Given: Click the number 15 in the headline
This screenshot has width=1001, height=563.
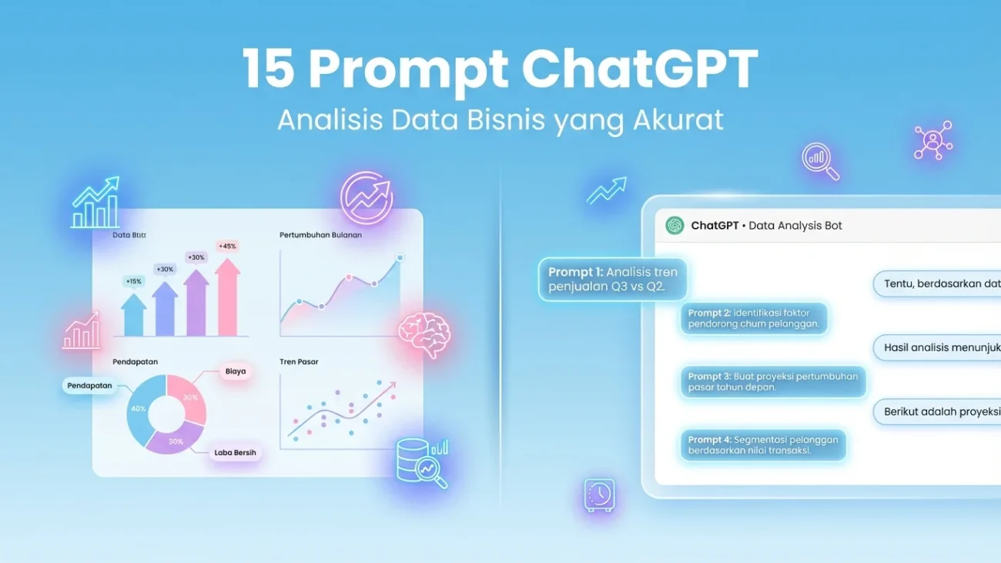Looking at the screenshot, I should [268, 69].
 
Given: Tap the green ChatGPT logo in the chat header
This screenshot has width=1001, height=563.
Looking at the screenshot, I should [675, 226].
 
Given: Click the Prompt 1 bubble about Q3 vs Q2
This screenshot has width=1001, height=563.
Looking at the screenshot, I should [612, 280].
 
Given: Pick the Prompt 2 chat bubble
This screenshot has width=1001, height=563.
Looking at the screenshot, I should [753, 318].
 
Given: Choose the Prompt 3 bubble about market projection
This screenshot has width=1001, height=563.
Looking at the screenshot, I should [772, 382].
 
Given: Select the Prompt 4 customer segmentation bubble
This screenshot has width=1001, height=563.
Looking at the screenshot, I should [762, 445].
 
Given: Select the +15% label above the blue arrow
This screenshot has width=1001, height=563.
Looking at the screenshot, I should [134, 282].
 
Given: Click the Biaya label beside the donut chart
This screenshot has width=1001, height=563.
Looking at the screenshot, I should [235, 371].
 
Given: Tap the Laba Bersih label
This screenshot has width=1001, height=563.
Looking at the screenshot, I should [235, 453].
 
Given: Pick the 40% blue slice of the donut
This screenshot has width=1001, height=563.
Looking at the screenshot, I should [139, 409].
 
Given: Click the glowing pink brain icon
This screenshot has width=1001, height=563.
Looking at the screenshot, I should [423, 333].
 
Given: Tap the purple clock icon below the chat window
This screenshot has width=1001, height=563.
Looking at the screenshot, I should [598, 494].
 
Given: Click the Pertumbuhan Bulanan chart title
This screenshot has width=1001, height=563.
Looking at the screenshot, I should [320, 235].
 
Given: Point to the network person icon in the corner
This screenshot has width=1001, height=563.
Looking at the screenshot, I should [932, 140].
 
